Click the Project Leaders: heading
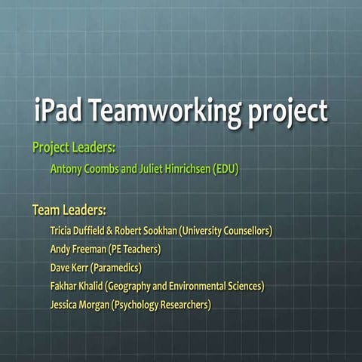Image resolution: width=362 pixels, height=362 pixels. pos(73,147)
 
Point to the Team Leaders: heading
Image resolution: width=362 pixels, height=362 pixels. pos(69,209)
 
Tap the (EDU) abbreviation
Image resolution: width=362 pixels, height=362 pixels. pos(225,169)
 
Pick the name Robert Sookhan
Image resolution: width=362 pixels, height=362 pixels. pos(146,230)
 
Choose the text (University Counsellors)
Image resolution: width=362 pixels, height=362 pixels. pos(224,230)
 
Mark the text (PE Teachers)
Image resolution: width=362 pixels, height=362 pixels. pos(135,249)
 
